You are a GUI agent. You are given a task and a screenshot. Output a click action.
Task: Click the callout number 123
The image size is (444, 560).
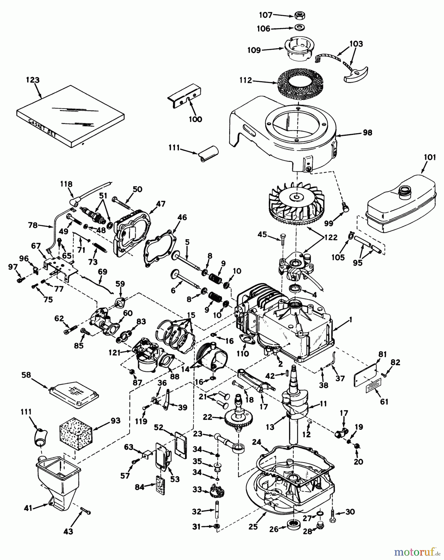coord(33,80)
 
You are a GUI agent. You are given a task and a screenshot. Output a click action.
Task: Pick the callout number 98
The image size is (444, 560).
coord(367,133)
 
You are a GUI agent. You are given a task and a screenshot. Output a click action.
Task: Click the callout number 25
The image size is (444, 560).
coord(254,526)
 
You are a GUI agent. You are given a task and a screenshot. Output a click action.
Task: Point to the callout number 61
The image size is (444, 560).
coord(384,402)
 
